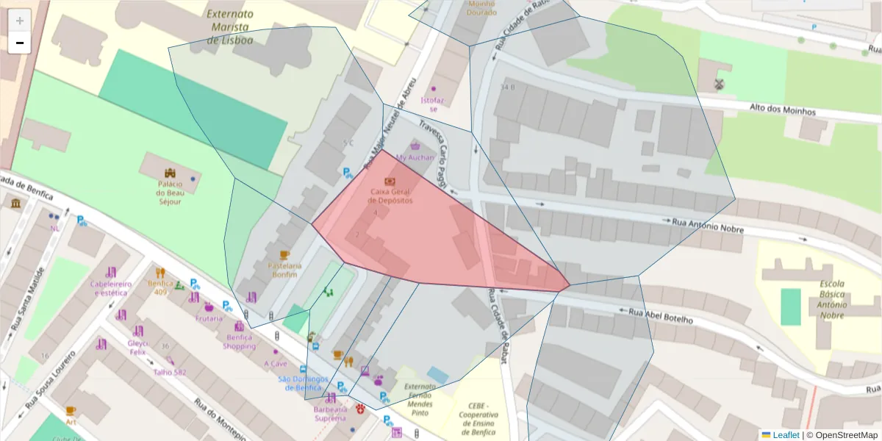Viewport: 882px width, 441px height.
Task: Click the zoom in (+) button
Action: (x=19, y=20)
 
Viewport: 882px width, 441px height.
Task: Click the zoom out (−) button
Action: (x=19, y=43)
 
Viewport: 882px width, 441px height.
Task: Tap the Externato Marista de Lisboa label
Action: (x=229, y=26)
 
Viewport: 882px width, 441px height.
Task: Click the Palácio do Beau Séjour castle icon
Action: (x=169, y=173)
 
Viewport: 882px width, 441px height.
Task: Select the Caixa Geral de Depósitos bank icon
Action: (x=390, y=181)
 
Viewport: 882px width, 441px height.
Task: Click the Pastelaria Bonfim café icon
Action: (x=284, y=255)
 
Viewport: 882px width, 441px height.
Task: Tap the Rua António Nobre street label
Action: (x=708, y=225)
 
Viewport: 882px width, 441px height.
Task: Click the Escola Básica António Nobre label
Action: (x=822, y=299)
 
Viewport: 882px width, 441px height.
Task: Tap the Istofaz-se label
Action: (x=432, y=104)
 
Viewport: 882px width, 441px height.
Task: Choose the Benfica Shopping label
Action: (x=240, y=341)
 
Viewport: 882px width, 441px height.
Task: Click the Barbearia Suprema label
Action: (x=329, y=413)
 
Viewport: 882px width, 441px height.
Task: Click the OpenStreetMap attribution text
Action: (x=845, y=435)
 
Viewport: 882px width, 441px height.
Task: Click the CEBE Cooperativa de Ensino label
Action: (x=478, y=418)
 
